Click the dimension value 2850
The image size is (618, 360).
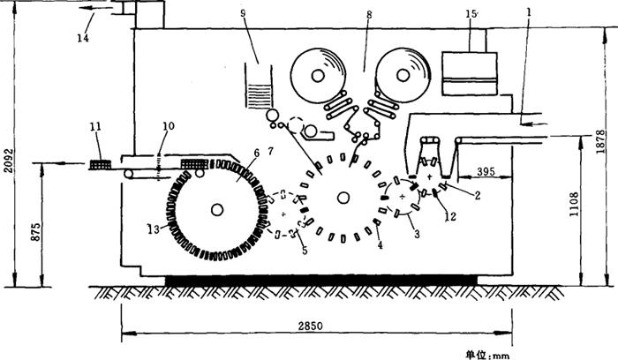[x=310, y=326]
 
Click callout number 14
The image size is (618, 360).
[x=83, y=38]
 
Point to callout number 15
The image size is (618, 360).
[x=472, y=15]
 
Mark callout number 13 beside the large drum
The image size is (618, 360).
[x=154, y=229]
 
